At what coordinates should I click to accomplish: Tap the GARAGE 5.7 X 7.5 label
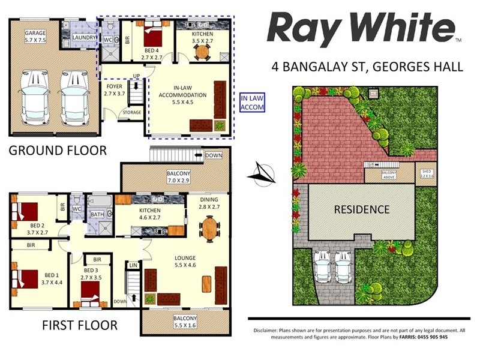(x=35, y=37)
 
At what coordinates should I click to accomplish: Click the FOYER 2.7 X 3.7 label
(x=114, y=90)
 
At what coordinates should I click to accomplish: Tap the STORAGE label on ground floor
(x=131, y=112)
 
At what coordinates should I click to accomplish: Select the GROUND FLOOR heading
(x=57, y=150)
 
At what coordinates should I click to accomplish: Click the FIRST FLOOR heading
(x=79, y=326)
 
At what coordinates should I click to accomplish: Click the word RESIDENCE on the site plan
(x=362, y=210)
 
